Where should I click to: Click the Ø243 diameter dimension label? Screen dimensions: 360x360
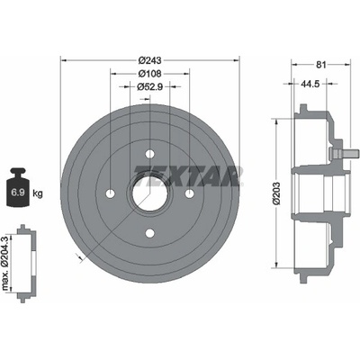[x=149, y=60]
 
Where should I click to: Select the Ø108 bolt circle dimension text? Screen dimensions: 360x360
[x=149, y=74]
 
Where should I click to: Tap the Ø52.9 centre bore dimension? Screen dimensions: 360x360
[x=149, y=86]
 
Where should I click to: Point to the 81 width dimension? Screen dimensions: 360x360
[x=320, y=65]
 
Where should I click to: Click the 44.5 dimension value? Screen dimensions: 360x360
[x=310, y=85]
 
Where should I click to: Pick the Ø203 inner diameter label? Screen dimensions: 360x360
[x=276, y=193]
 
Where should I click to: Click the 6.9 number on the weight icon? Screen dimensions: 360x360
[x=18, y=193]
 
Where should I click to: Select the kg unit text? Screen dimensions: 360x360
[x=38, y=193]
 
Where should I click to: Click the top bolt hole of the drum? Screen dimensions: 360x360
[x=149, y=154]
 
